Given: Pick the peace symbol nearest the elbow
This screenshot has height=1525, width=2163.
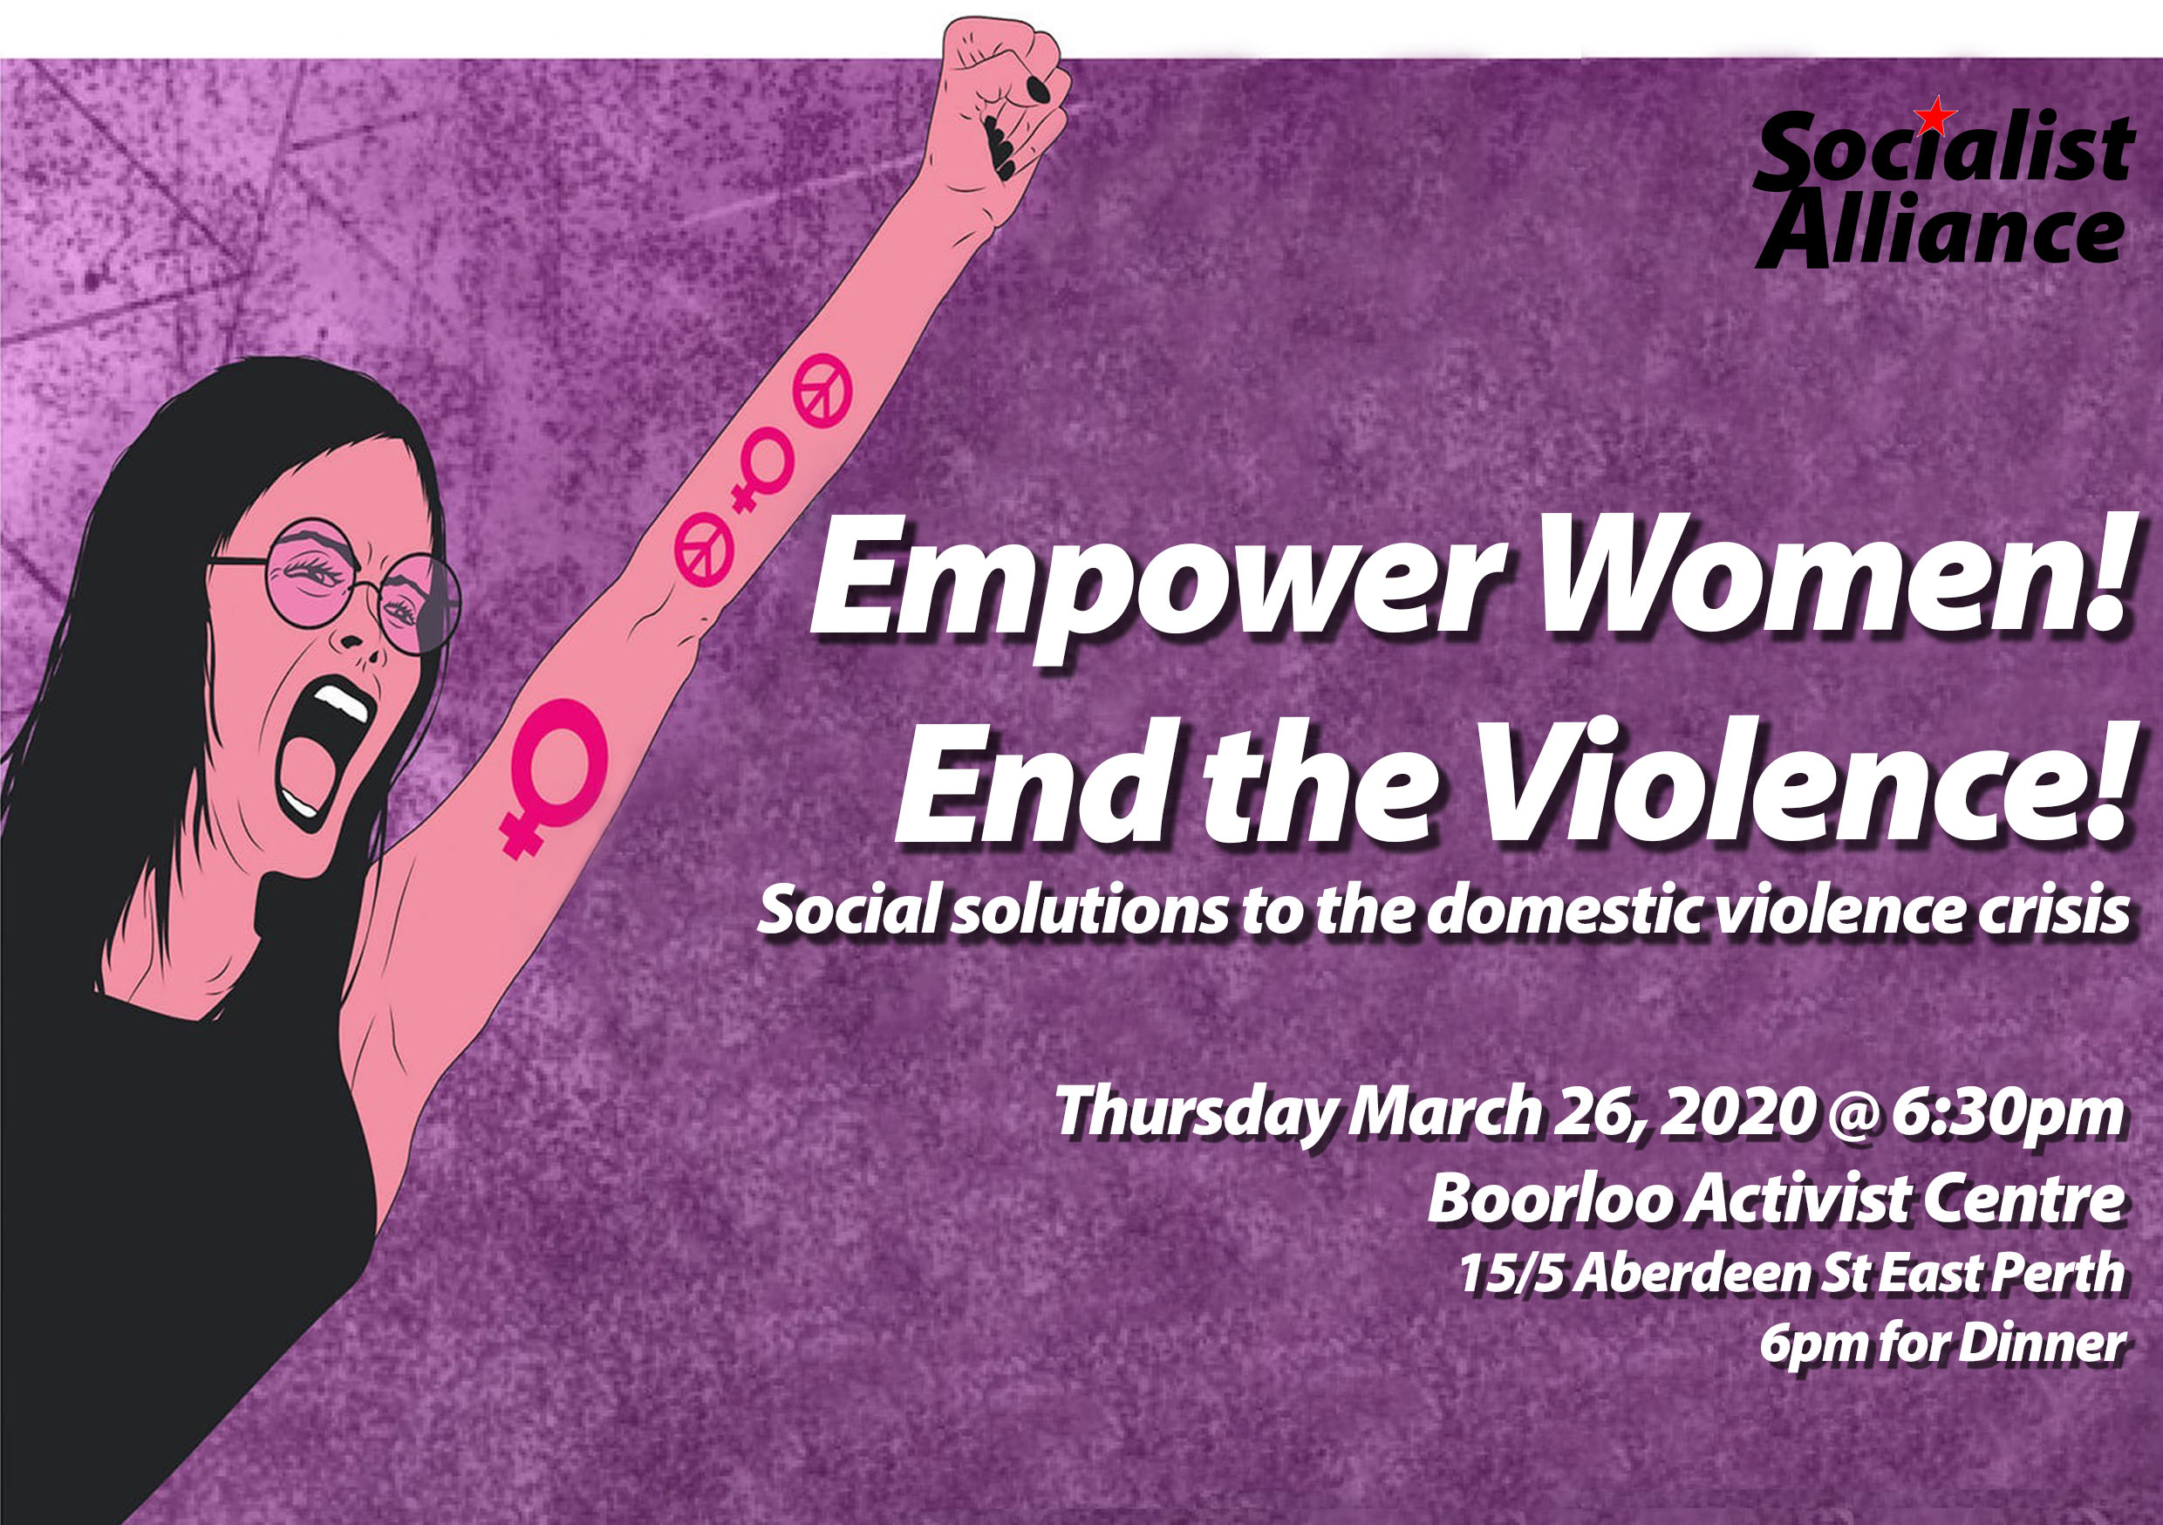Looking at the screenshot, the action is tap(704, 550).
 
